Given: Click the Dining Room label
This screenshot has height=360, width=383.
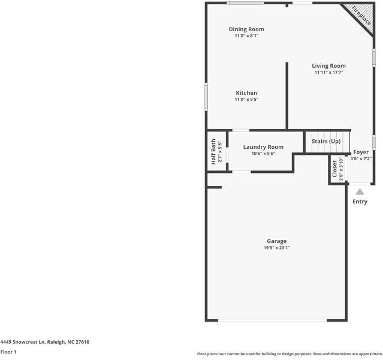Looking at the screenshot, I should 246,29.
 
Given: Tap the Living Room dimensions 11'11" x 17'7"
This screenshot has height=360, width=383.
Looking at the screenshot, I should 328,73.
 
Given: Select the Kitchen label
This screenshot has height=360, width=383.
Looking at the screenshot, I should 246,93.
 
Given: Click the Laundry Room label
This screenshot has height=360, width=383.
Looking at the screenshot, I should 263,147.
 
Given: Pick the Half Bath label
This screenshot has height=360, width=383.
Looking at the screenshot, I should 213,152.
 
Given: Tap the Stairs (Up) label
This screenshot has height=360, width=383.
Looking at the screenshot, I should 326,141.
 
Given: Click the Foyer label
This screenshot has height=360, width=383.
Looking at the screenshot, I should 361,152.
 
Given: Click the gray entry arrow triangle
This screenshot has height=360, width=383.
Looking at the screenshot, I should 360,192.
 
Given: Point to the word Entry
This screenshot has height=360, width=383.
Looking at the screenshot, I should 360,202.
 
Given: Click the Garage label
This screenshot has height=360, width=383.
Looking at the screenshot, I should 276,241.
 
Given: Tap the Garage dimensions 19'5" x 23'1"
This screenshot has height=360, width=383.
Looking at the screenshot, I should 276,248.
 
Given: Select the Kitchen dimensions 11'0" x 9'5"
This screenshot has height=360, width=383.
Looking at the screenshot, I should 246,100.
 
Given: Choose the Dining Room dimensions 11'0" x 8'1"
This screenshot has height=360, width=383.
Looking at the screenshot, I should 246,36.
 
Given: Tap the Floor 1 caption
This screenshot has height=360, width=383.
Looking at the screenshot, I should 8,352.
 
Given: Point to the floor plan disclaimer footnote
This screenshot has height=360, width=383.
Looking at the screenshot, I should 289,353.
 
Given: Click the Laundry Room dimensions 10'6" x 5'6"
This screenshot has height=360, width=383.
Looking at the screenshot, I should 263,154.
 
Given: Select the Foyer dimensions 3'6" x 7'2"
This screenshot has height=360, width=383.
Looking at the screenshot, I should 361,159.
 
